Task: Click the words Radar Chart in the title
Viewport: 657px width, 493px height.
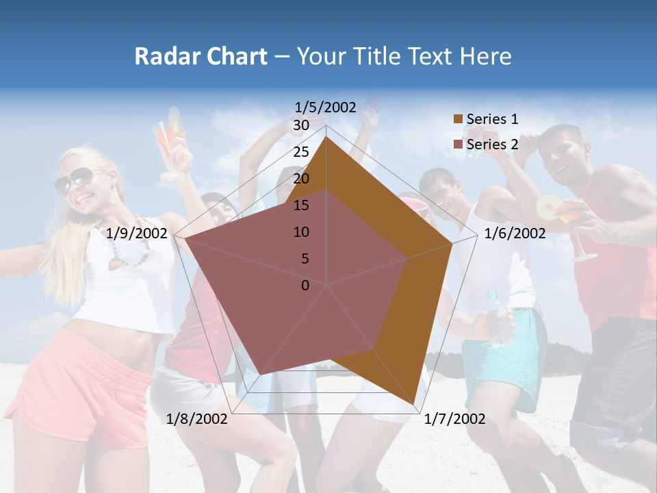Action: pos(201,56)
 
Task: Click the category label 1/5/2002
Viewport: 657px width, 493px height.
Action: pos(326,107)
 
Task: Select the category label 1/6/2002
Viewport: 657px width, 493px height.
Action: pos(515,233)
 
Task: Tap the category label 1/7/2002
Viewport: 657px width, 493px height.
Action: pos(454,418)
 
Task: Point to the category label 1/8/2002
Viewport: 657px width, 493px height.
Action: pos(197,418)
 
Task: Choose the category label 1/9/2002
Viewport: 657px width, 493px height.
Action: pos(137,233)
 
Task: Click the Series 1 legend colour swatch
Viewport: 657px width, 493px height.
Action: pos(458,119)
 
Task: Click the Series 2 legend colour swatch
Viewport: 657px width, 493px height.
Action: pos(458,144)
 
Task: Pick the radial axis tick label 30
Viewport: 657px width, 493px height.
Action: pos(301,125)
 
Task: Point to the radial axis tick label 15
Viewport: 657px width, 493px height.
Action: pos(301,205)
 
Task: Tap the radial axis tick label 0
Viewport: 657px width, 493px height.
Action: pos(305,286)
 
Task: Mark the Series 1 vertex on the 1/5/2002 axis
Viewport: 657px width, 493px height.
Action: pos(326,136)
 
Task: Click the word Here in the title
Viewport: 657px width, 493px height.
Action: pos(485,56)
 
